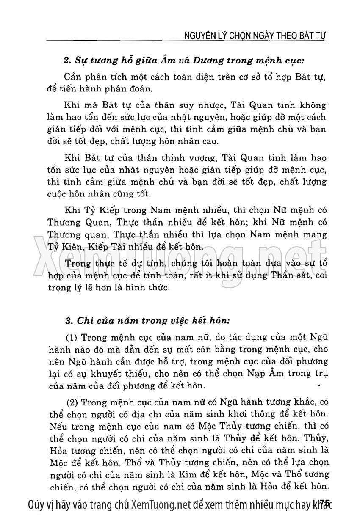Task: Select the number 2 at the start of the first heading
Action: [66, 60]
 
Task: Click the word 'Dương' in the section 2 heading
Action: [201, 60]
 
